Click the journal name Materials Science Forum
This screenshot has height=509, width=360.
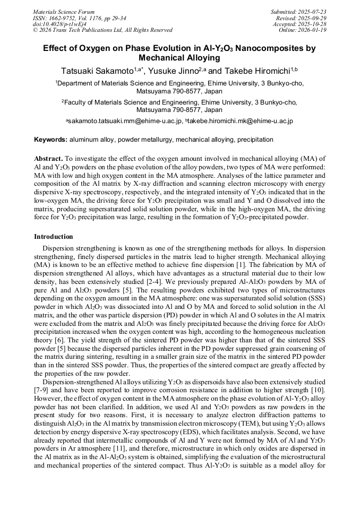click(x=64, y=11)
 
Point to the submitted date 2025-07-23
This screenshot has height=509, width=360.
click(x=313, y=11)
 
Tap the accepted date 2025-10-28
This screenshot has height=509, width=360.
click(x=313, y=24)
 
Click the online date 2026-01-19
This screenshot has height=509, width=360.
click(x=313, y=30)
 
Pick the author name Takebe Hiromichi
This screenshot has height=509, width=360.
click(x=257, y=71)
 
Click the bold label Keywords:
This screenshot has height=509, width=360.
click(x=51, y=140)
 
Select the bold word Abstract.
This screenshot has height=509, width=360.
click(x=48, y=159)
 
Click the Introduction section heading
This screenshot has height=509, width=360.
click(x=54, y=236)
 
